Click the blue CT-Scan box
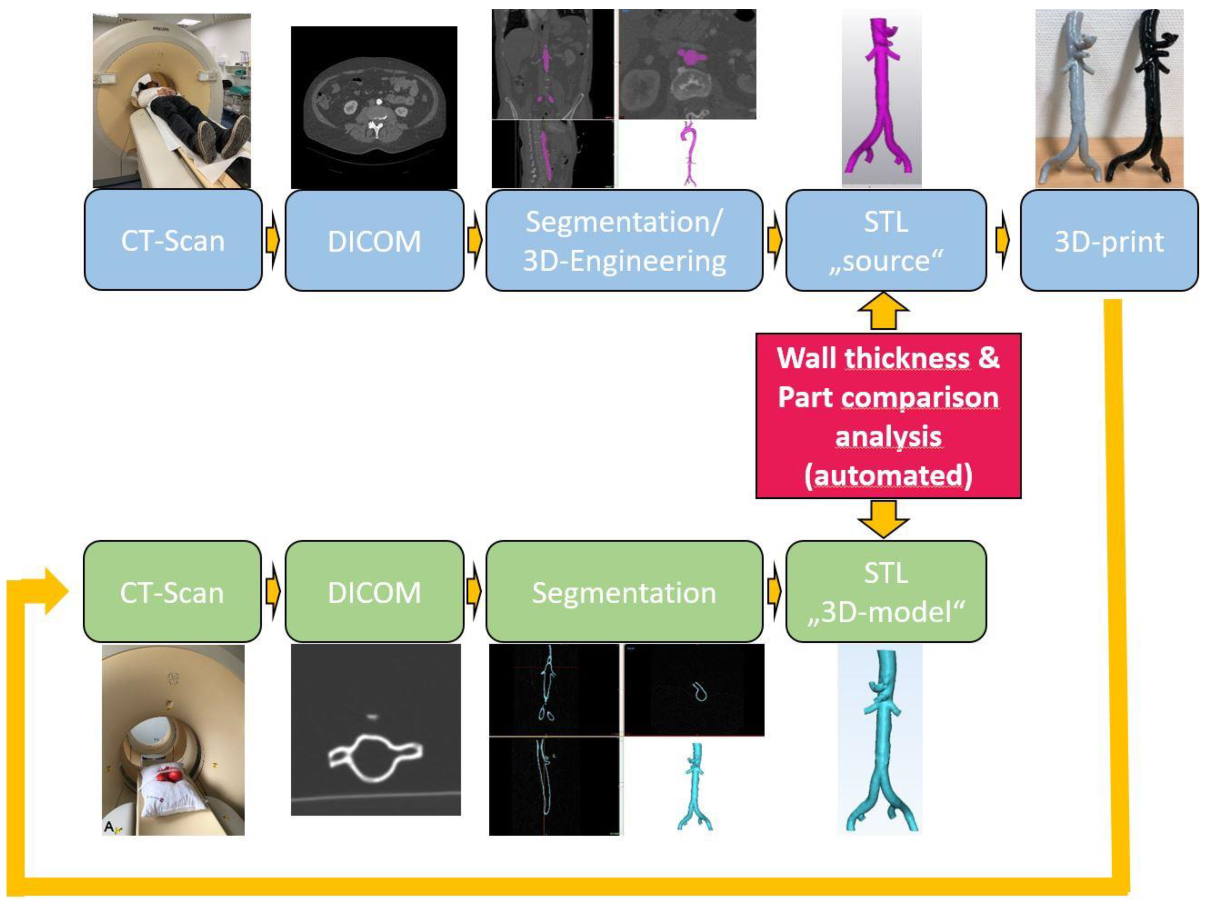173,240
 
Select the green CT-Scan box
172,591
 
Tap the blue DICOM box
375,240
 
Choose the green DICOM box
375,591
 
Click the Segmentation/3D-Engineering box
624,240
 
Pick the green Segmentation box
624,591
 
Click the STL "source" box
886,240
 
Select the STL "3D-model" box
886,591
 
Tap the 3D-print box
1109,240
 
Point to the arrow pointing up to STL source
883,311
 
